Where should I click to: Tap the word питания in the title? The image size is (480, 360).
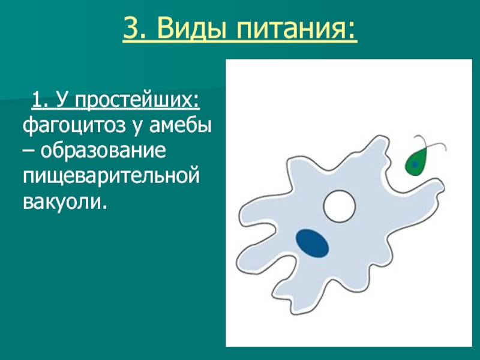[290, 29]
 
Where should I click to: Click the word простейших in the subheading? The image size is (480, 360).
[137, 100]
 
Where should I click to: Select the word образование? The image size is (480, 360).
[103, 151]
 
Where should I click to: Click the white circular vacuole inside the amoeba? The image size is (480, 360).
[339, 206]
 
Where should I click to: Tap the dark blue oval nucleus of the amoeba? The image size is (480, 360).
[312, 244]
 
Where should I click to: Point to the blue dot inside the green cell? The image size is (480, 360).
[415, 164]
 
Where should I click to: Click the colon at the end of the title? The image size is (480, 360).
[352, 31]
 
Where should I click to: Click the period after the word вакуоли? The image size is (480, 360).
[105, 208]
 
